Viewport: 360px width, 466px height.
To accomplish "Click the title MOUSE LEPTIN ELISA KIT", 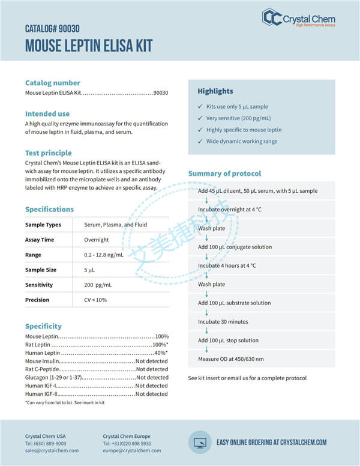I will [x=89, y=46].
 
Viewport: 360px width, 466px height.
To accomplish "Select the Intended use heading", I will [x=47, y=113].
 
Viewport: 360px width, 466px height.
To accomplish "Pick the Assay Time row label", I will [x=39, y=240].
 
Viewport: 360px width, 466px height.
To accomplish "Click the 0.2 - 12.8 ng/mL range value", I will [x=104, y=255].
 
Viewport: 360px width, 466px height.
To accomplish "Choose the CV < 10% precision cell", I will [x=95, y=300].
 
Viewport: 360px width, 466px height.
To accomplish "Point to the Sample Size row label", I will [x=40, y=270].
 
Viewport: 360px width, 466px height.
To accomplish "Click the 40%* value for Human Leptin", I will [x=160, y=353].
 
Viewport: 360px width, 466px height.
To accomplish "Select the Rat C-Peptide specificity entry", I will [x=43, y=369].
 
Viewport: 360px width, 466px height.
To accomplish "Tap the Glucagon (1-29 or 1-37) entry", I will [x=53, y=378].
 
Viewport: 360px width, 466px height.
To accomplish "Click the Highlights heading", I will [x=215, y=91].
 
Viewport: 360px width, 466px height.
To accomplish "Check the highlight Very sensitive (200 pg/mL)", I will [x=238, y=118].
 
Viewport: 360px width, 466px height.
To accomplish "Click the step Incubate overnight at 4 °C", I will [x=231, y=210].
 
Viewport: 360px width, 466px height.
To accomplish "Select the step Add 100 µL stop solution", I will [x=228, y=340].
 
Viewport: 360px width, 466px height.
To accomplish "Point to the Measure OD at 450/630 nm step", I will [x=230, y=359].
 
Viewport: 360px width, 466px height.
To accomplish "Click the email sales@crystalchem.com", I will [x=52, y=450].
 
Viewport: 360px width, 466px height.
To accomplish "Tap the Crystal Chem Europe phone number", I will [x=127, y=443].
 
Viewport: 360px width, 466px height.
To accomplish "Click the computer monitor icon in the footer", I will [x=199, y=442].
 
